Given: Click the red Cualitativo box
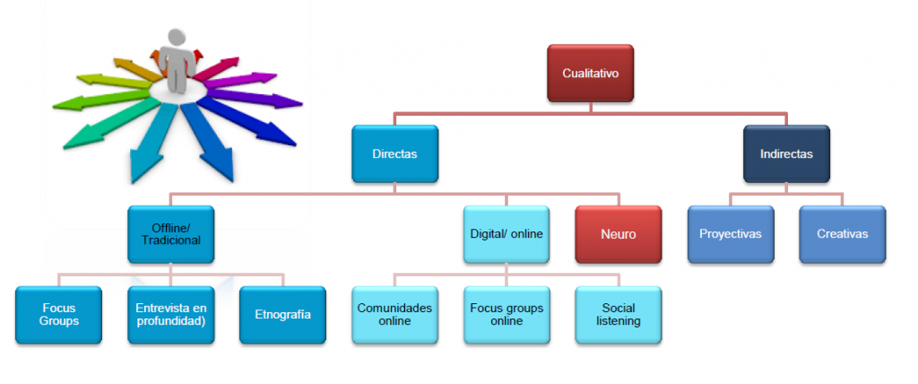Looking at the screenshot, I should [x=591, y=73].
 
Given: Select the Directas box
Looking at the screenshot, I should [x=394, y=154].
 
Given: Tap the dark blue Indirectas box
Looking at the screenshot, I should [x=786, y=154].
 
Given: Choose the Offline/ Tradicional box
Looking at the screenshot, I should [x=170, y=234].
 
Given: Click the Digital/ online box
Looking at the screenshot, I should [x=507, y=234].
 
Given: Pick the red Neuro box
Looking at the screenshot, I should [x=618, y=234].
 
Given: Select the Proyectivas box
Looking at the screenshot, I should [x=731, y=234].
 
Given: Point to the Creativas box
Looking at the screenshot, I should [x=842, y=234].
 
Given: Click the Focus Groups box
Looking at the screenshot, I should [x=59, y=315].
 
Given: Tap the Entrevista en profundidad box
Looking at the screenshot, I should [x=170, y=315].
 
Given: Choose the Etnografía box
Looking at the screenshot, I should [x=282, y=315].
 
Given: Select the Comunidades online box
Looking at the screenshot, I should [x=394, y=315].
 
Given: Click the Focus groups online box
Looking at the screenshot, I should [x=507, y=315].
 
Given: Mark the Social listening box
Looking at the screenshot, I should [x=618, y=315].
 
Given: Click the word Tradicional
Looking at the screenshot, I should [x=170, y=240].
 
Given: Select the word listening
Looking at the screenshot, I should [x=618, y=321].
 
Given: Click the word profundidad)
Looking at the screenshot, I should [x=170, y=321].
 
